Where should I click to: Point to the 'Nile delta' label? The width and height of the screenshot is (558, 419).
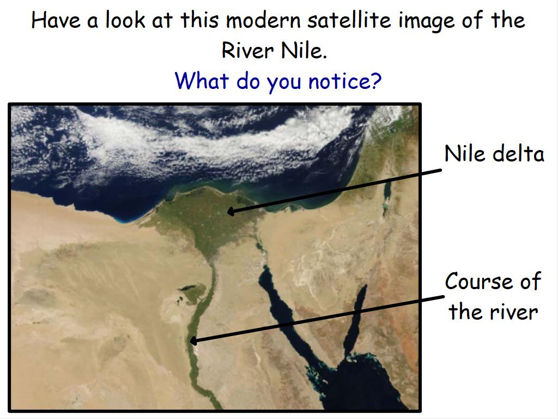pos(494,154)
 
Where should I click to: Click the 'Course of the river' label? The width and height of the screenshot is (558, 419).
pos(493,296)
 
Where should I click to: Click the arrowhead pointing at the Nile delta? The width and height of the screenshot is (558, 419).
pos(231,212)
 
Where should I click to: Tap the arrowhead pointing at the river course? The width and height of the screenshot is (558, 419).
pos(193,341)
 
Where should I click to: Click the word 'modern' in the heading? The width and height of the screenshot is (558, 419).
pos(263,20)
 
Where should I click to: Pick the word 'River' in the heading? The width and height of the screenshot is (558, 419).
pos(248,50)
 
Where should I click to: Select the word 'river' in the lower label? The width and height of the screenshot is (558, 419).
pos(514,312)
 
